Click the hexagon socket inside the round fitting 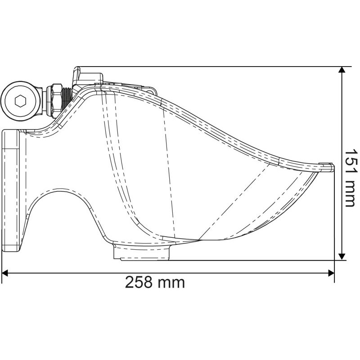pos(20,101)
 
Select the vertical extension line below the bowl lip pos(335,216)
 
